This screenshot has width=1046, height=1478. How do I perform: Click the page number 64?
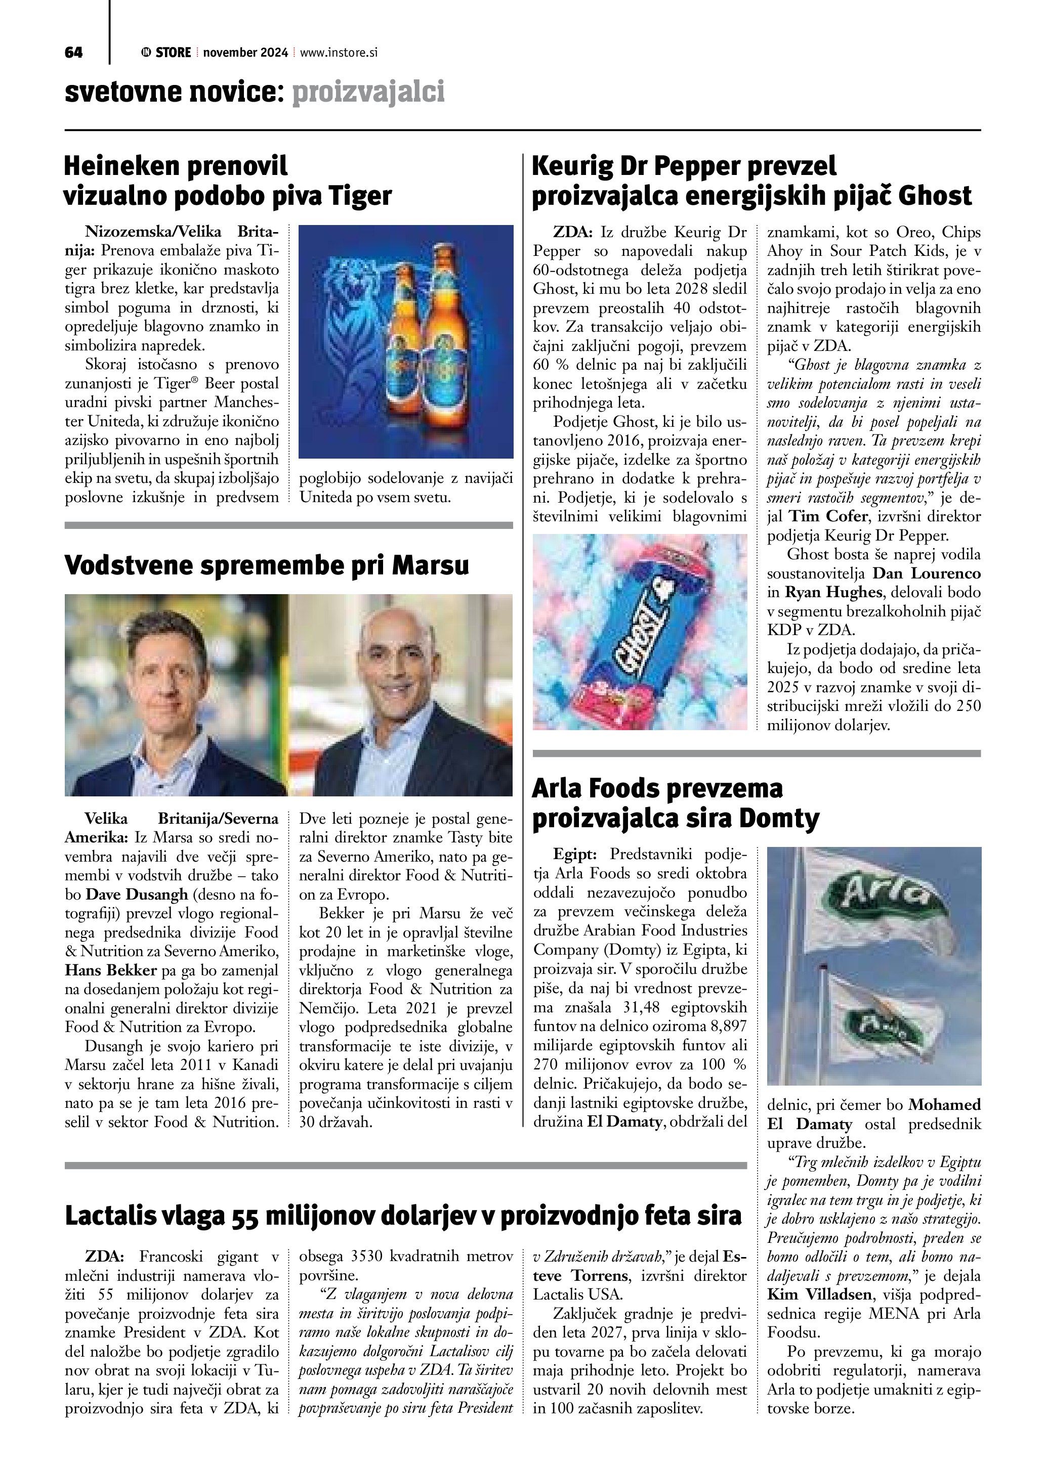tap(73, 53)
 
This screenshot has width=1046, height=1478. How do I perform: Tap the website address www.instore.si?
tap(338, 53)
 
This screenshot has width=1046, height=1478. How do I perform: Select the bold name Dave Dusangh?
tap(137, 895)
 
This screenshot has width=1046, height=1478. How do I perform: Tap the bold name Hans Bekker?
tap(109, 970)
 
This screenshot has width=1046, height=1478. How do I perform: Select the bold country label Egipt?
tap(574, 855)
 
